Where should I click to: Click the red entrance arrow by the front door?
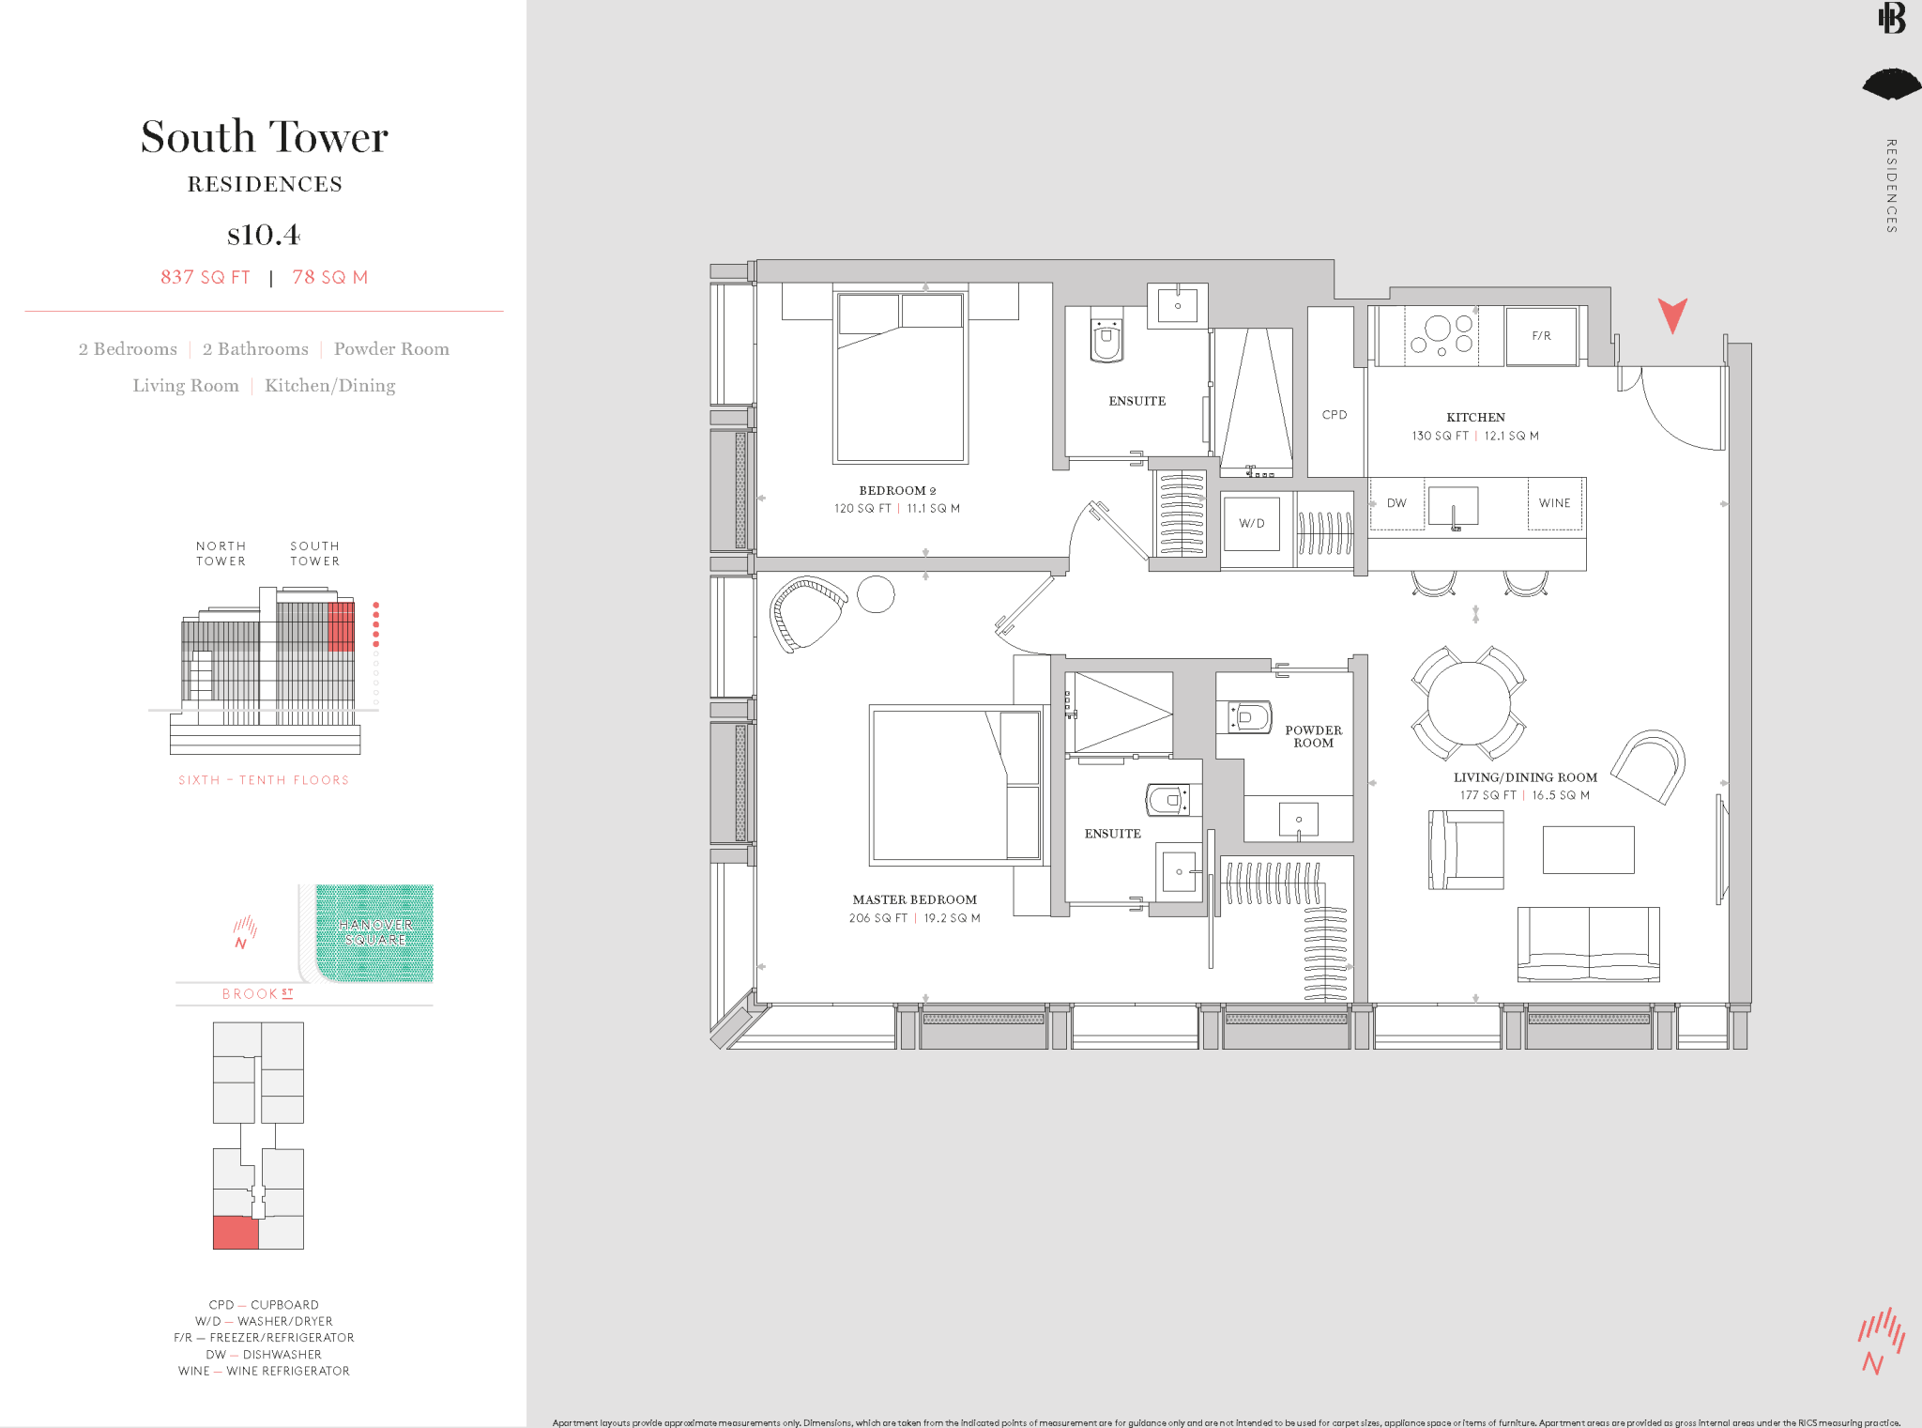point(1671,315)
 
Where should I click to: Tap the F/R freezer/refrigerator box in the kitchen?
point(1541,336)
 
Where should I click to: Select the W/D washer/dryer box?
point(1252,524)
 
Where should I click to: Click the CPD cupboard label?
point(1334,415)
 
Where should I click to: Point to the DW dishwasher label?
point(1396,503)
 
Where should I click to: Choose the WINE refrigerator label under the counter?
point(1554,503)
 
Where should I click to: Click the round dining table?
point(1469,703)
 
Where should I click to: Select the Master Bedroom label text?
point(914,899)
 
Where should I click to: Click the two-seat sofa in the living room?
point(1588,944)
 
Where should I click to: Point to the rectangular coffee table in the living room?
point(1588,850)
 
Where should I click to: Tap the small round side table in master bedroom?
point(876,593)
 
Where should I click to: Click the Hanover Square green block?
point(374,932)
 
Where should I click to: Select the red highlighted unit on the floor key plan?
point(236,1233)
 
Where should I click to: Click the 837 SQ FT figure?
point(206,277)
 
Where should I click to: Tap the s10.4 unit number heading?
point(264,234)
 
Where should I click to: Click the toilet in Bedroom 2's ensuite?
point(1106,339)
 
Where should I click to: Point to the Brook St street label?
point(257,993)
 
